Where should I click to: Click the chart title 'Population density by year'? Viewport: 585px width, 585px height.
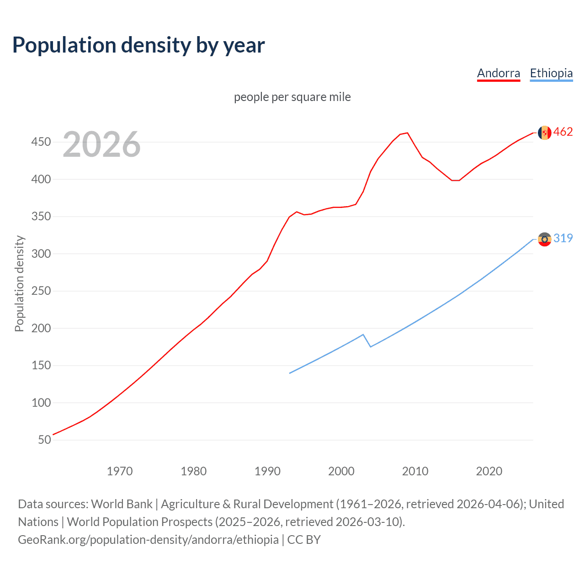click(x=138, y=45)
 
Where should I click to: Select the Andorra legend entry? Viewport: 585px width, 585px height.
click(x=498, y=73)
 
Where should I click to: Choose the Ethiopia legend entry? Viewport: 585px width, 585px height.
click(x=551, y=73)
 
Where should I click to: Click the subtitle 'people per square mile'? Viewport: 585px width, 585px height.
click(x=292, y=97)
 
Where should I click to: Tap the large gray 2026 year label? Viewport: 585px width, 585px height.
click(x=101, y=144)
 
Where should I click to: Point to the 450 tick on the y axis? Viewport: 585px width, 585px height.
click(x=41, y=142)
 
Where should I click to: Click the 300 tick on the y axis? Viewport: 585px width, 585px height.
click(x=41, y=254)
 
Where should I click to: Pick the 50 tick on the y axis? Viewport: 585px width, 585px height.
click(x=44, y=440)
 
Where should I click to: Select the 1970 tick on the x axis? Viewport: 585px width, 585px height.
click(x=120, y=471)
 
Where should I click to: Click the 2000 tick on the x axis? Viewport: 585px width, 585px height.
click(x=341, y=471)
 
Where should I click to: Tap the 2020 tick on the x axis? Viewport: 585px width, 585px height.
click(x=489, y=471)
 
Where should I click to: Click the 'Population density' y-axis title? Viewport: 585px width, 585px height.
click(x=19, y=283)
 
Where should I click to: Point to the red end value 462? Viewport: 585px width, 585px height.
click(x=563, y=132)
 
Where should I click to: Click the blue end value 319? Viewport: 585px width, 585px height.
click(x=563, y=238)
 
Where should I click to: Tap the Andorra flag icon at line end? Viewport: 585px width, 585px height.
click(x=544, y=133)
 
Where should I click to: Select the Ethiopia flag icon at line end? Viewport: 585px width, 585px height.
click(x=544, y=239)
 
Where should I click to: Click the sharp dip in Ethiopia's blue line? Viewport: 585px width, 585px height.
click(x=371, y=346)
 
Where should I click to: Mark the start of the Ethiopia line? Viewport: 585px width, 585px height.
click(x=290, y=373)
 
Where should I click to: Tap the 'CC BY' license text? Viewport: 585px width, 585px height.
click(x=304, y=540)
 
